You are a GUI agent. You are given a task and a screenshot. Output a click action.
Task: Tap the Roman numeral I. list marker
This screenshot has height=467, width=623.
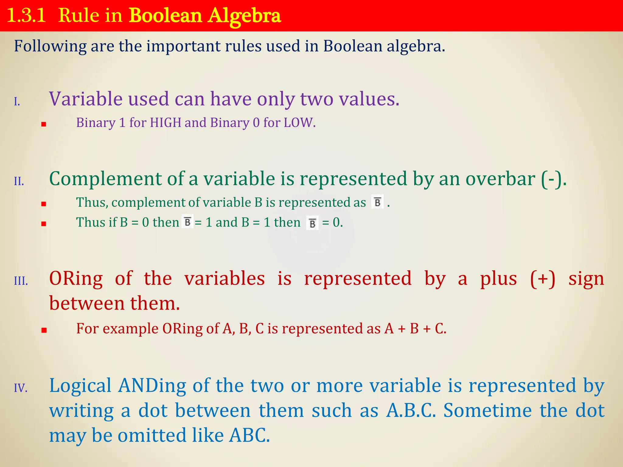(17, 102)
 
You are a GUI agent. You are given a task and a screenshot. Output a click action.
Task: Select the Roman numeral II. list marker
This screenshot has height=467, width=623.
(19, 181)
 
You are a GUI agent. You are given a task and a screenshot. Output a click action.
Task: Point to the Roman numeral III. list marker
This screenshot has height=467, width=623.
(21, 281)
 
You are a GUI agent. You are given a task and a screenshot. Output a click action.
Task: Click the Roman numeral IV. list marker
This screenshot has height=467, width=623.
(21, 388)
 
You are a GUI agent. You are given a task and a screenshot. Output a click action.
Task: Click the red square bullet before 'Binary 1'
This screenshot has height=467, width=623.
(44, 124)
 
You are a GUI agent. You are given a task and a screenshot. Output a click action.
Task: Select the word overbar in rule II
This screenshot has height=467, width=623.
(500, 179)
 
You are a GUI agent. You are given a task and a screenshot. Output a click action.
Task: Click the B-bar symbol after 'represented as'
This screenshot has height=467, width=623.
(378, 202)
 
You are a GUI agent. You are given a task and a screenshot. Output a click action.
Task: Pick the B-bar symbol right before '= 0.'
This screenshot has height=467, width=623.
(312, 223)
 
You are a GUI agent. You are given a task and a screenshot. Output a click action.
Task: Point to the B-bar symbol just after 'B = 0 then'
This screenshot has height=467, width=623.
(187, 222)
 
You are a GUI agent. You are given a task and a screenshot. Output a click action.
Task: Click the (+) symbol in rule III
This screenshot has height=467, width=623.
(543, 278)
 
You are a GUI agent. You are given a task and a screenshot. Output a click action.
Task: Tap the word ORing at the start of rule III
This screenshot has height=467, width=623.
(76, 278)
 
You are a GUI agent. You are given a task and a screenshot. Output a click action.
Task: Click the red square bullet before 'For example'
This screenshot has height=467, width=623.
(44, 330)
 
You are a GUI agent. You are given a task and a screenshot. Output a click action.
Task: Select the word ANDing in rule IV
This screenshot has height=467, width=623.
(152, 386)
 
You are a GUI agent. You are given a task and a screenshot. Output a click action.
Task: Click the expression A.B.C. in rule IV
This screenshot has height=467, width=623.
(411, 411)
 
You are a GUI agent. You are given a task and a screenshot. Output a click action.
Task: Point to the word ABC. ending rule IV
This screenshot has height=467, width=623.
(249, 435)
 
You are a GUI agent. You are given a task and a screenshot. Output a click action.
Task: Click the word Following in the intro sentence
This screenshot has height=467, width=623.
(50, 47)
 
